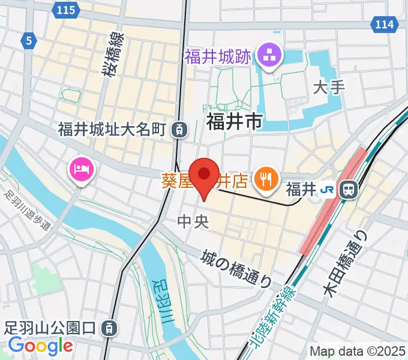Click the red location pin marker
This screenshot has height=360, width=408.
tap(204, 175)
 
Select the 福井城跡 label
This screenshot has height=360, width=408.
tap(217, 58)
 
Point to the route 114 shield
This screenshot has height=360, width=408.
tap(384, 24)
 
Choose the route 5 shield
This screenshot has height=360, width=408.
tap(28, 41)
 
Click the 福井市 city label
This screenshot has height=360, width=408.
tap(234, 122)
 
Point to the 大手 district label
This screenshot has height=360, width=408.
tap(329, 88)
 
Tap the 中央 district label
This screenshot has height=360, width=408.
tap(193, 221)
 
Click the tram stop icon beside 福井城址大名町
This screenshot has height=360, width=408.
tap(178, 128)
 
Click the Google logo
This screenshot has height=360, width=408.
tap(40, 346)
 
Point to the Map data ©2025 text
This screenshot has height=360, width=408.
tap(358, 351)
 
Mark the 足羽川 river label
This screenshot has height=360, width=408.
tap(162, 300)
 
